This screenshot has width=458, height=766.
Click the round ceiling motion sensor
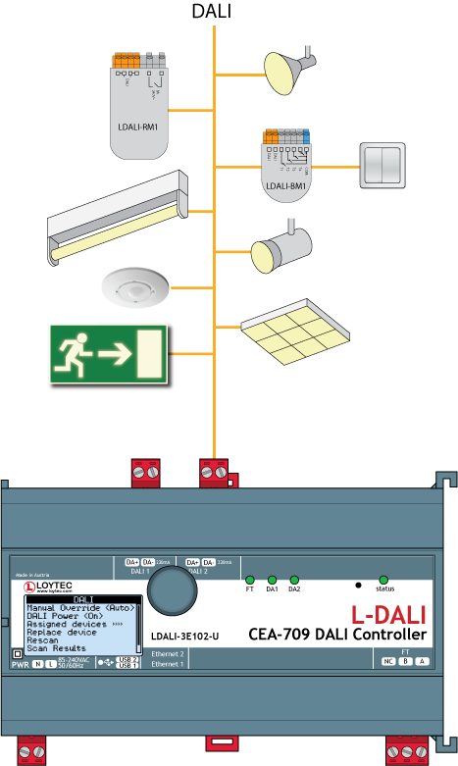(135, 288)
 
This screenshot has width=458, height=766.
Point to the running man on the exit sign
(76, 353)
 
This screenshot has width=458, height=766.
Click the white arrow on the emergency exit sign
(116, 354)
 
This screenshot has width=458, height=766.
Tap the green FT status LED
(250, 580)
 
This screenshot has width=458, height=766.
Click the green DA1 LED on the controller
(272, 580)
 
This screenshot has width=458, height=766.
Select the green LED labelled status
(383, 580)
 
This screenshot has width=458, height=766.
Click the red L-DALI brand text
(388, 615)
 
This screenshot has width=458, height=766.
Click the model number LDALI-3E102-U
(183, 636)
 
